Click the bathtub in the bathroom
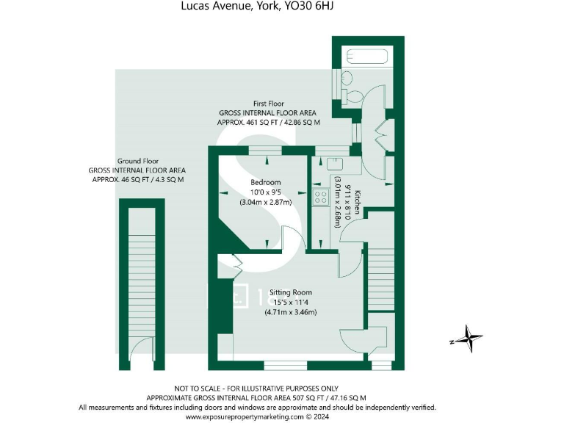[x=369, y=56]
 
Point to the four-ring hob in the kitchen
[x=321, y=195]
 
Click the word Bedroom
[x=266, y=182]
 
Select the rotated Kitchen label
[x=358, y=201]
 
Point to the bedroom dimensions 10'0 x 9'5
[x=266, y=192]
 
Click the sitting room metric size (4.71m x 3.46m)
[x=290, y=312]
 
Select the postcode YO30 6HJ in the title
[x=312, y=7]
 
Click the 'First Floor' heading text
[x=268, y=104]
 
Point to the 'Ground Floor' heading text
[x=138, y=161]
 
